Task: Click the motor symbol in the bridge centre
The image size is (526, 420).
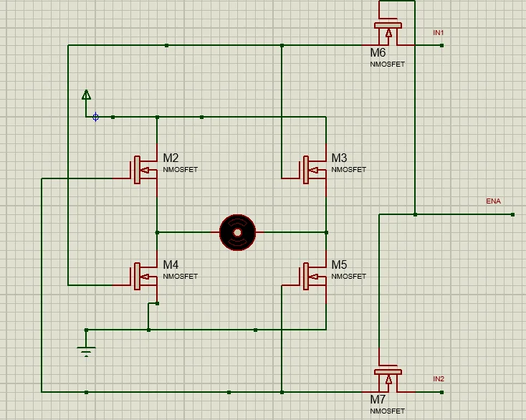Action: pyautogui.click(x=237, y=232)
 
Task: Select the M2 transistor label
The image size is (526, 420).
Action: pyautogui.click(x=171, y=158)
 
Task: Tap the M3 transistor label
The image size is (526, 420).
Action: pyautogui.click(x=339, y=158)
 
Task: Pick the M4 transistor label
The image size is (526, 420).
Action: pyautogui.click(x=171, y=264)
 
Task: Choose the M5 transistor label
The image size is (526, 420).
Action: pyautogui.click(x=339, y=264)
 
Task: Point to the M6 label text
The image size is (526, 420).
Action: pyautogui.click(x=378, y=53)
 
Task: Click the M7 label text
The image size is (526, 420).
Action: pyautogui.click(x=378, y=399)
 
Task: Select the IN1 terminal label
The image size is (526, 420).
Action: pyautogui.click(x=439, y=33)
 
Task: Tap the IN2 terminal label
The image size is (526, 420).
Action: pyautogui.click(x=439, y=379)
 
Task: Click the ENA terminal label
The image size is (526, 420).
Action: pyautogui.click(x=493, y=201)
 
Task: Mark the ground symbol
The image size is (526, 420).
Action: pyautogui.click(x=86, y=351)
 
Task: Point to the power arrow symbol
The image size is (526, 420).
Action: pyautogui.click(x=86, y=95)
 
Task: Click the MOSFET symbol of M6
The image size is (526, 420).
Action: pyautogui.click(x=388, y=33)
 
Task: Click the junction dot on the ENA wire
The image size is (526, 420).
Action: pyautogui.click(x=415, y=214)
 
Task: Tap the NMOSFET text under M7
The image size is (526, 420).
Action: pyautogui.click(x=387, y=411)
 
